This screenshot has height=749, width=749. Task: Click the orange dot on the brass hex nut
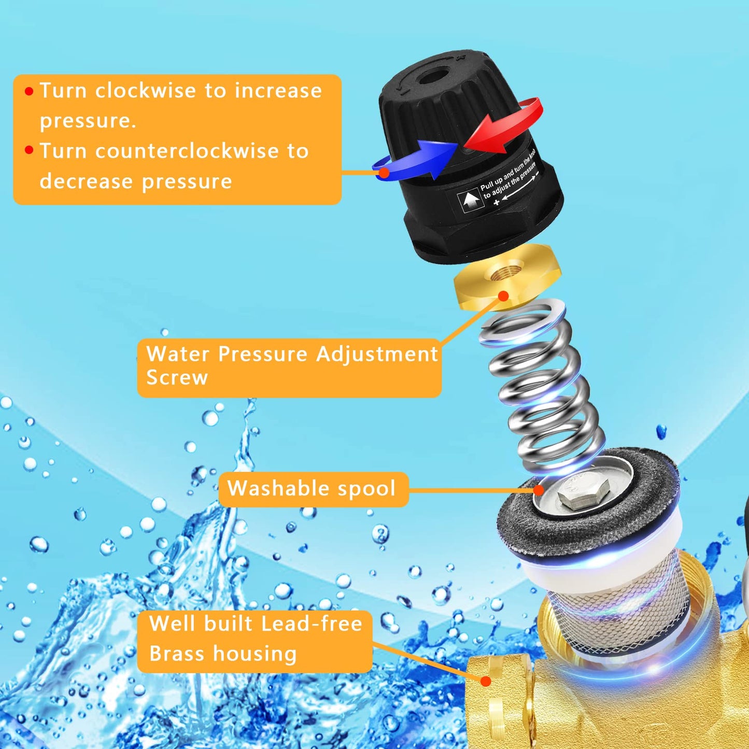point(503,296)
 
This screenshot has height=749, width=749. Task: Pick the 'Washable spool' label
point(312,488)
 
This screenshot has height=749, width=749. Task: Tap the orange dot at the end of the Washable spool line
point(539,490)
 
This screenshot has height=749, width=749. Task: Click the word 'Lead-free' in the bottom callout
point(312,624)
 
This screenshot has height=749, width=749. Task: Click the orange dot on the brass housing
point(485,681)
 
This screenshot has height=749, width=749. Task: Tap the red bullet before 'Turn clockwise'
point(29,92)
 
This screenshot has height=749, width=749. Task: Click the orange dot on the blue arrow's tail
point(384,173)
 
